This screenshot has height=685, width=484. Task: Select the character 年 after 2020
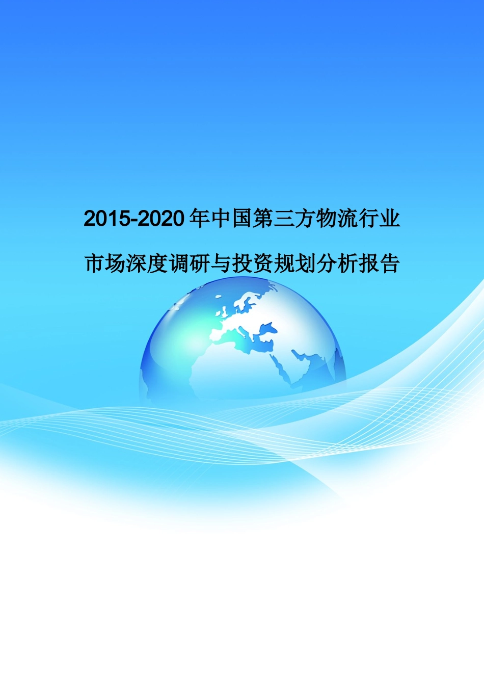(x=199, y=219)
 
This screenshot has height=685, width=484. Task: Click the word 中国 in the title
(x=231, y=219)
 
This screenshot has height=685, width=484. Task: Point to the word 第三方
(x=283, y=219)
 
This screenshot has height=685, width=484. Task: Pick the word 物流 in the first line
(x=336, y=219)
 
